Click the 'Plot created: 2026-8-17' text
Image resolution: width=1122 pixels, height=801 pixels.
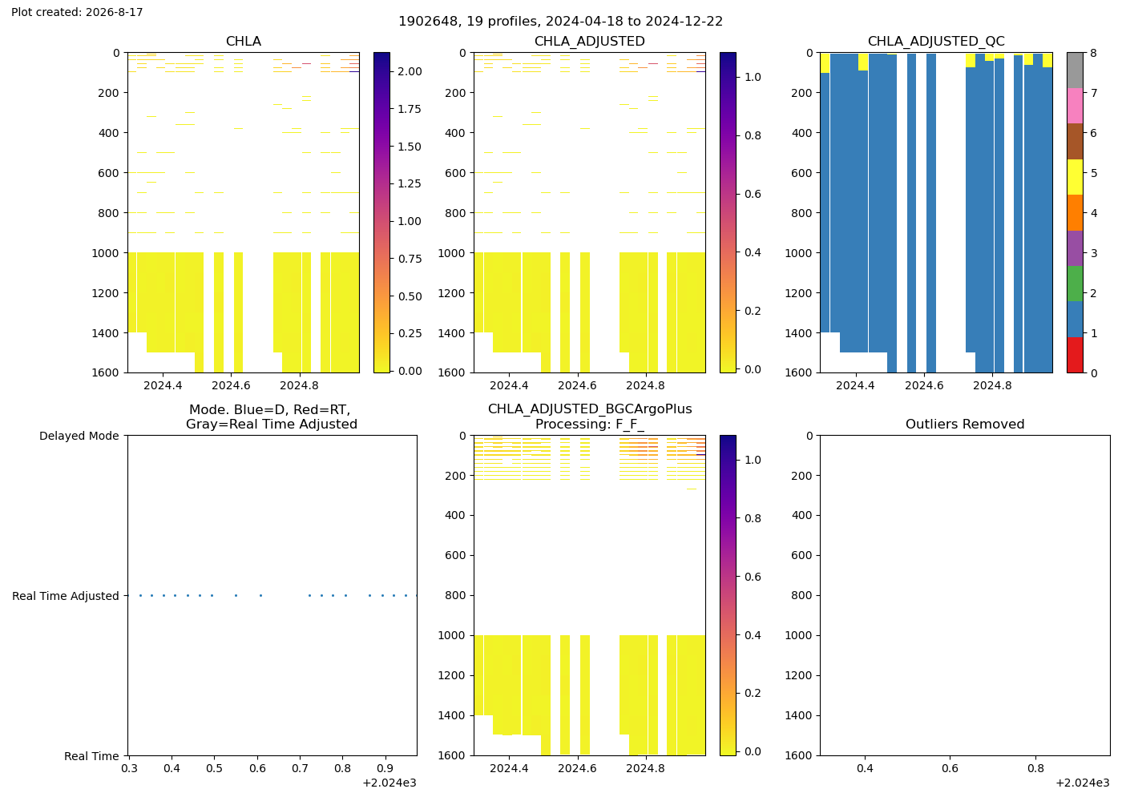click(77, 12)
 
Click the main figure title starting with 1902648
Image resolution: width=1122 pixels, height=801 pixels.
click(560, 22)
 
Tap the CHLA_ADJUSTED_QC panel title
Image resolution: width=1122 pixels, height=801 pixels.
click(936, 42)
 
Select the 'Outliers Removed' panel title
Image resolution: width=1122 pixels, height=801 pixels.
click(965, 424)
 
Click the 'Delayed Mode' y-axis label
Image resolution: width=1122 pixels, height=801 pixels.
click(79, 436)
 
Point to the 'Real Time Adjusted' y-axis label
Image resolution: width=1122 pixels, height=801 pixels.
click(66, 596)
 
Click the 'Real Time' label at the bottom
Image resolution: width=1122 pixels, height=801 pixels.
click(91, 756)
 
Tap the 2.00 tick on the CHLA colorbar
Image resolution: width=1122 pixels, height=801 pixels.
click(410, 71)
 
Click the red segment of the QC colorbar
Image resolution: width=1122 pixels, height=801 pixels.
click(1075, 355)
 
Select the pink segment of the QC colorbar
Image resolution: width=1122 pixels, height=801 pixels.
click(1075, 106)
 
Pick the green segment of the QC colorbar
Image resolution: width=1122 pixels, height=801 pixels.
click(1075, 284)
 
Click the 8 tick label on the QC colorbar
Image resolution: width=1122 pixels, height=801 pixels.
click(1094, 53)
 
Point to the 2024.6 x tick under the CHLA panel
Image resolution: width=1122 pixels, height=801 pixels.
click(231, 386)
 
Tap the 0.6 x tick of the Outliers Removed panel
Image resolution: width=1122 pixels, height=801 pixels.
click(950, 768)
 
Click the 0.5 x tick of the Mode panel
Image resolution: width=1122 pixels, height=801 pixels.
click(215, 768)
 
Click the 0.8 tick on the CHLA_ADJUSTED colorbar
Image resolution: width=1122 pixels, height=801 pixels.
click(753, 135)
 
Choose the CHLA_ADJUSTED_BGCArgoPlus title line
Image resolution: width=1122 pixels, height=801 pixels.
click(590, 409)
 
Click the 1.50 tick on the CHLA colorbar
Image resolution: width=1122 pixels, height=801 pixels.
click(410, 147)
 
